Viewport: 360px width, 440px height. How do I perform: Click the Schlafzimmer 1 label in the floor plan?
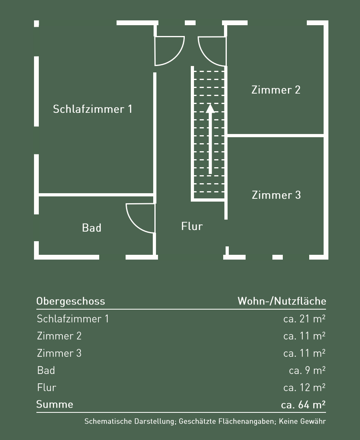(x=92, y=109)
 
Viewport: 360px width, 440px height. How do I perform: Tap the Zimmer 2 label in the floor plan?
(x=276, y=90)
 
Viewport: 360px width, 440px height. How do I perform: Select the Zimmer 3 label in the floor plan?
(x=276, y=195)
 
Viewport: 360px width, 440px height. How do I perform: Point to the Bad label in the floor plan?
(x=92, y=228)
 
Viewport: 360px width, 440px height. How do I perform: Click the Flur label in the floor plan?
(x=192, y=226)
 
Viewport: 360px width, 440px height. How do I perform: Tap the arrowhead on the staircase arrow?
(x=210, y=108)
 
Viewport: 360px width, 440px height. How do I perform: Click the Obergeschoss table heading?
(x=71, y=301)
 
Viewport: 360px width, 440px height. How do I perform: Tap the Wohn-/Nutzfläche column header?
(x=282, y=301)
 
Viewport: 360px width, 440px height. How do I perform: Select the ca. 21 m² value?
(x=304, y=319)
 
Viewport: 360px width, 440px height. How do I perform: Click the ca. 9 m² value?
(x=307, y=370)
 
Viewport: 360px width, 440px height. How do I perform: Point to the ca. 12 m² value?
(x=304, y=388)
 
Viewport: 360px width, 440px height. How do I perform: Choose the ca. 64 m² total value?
(x=303, y=405)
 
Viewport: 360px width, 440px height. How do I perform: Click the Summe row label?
(x=55, y=404)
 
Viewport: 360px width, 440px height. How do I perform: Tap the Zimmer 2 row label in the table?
(x=59, y=336)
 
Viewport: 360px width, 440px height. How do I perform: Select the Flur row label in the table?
(x=46, y=388)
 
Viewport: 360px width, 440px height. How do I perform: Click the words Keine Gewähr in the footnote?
(x=302, y=421)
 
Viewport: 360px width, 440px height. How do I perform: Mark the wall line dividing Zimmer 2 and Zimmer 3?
(x=275, y=136)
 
